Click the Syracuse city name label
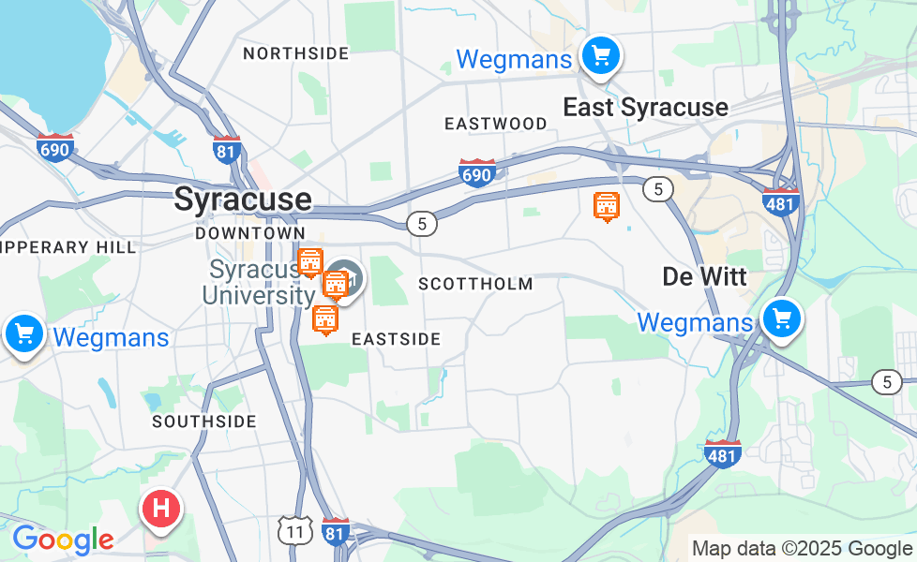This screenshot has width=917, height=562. pos(243,199)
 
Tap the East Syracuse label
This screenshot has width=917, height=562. pos(645,107)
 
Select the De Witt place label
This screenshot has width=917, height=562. pos(704,276)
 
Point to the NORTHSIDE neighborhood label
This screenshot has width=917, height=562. pos(296,53)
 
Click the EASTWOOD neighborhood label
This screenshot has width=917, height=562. pos(496,124)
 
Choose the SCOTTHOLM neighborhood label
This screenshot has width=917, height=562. pos(475,284)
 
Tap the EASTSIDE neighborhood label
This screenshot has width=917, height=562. pos(396,339)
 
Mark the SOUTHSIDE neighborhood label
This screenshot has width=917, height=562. pos(204,421)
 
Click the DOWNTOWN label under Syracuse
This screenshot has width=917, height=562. pos(250,232)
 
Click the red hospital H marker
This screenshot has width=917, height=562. pos(160,510)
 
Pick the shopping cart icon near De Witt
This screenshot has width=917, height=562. pos(781,320)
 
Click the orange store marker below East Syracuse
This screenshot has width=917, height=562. pos(607,205)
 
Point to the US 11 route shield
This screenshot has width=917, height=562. pos(294,530)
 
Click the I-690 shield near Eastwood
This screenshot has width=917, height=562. pos(477,172)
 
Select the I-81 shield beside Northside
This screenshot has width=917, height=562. pos(227,149)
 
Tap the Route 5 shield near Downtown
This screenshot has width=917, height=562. pos(423,223)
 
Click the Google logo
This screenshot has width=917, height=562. pos(63,540)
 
